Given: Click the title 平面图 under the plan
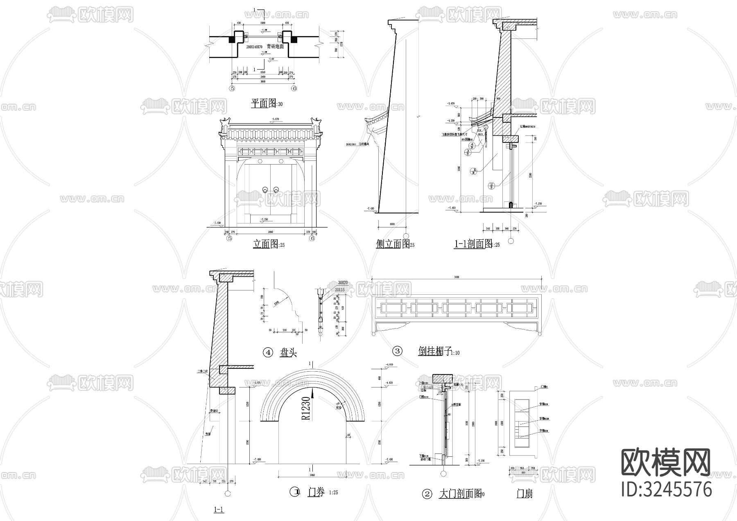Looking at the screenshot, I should click(264, 103).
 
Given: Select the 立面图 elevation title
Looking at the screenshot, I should click(266, 244).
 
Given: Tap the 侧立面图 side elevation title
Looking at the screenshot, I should click(393, 244).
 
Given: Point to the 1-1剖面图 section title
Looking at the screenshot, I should click(473, 244).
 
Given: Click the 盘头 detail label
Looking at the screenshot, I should click(288, 353).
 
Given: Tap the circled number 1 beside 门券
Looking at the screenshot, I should click(294, 492).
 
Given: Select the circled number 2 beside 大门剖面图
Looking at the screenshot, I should click(427, 494).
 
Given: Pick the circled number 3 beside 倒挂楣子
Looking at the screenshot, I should click(397, 351).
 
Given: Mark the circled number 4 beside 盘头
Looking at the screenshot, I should click(267, 353).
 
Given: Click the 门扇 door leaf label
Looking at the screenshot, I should click(524, 494).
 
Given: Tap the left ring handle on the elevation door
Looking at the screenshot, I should click(265, 189).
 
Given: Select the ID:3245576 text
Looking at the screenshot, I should click(666, 489).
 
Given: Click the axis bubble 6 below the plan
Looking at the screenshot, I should click(294, 88).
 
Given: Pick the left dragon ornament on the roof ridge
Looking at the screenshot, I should click(225, 122).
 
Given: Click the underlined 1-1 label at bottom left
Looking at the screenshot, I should click(219, 510).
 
